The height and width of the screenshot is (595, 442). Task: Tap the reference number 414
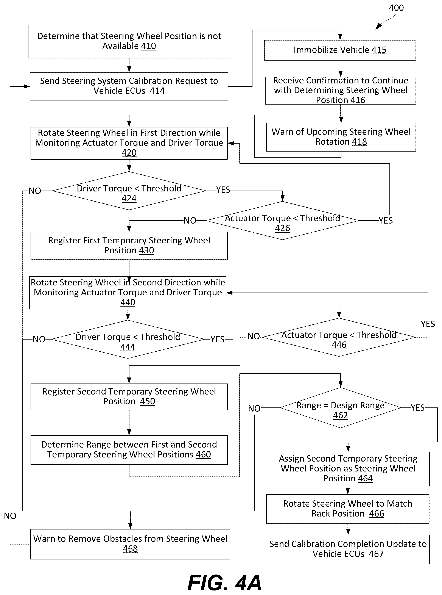[157, 91]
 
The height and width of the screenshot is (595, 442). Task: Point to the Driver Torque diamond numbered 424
[129, 191]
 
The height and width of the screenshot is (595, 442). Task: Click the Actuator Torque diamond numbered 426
[283, 220]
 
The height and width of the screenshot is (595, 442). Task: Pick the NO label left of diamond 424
[35, 191]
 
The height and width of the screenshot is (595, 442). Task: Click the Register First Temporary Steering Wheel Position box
[129, 246]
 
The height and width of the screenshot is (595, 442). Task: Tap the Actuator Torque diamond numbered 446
[339, 337]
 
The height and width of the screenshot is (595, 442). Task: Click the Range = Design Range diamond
[340, 408]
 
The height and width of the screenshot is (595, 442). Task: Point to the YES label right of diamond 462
[418, 408]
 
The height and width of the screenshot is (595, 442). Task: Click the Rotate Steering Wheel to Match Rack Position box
[348, 509]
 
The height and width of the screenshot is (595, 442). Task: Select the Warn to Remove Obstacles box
[130, 544]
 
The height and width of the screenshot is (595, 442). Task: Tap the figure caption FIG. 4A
[224, 583]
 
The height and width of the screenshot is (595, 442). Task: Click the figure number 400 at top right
[396, 8]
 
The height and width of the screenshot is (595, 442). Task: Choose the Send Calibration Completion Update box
[348, 549]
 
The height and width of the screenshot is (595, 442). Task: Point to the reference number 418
[359, 142]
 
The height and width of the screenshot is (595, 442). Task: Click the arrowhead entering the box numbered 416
[341, 74]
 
